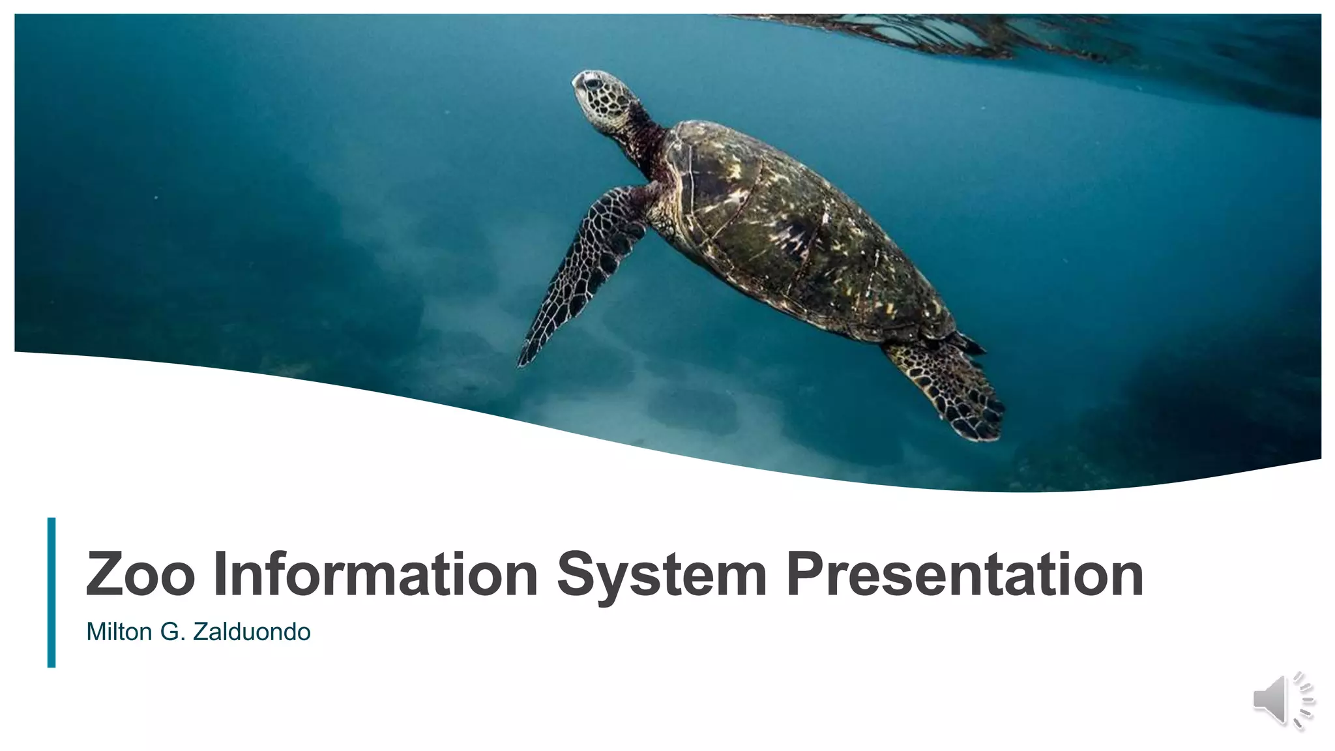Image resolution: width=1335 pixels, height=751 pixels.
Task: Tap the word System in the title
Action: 662,575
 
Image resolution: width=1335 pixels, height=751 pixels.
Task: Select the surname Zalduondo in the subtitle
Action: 252,632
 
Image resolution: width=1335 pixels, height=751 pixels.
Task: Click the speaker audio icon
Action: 1282,700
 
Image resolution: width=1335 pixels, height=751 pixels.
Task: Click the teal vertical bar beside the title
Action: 51,592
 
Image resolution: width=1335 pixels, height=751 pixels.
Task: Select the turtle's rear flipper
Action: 952,388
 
